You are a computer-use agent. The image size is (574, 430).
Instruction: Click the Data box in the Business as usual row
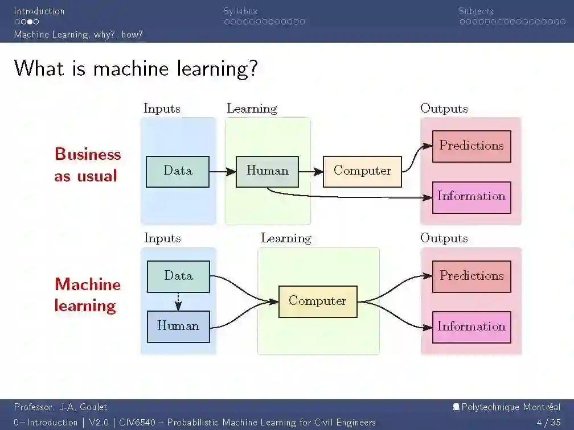pyautogui.click(x=178, y=171)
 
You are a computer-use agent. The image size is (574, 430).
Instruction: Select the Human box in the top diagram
pyautogui.click(x=267, y=171)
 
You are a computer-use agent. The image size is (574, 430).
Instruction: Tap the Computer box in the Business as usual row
pyautogui.click(x=362, y=171)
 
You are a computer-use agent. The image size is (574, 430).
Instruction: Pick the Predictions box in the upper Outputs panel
pyautogui.click(x=471, y=146)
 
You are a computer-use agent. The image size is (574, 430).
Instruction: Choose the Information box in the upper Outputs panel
pyautogui.click(x=471, y=197)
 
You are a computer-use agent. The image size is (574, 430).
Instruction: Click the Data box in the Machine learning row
pyautogui.click(x=178, y=276)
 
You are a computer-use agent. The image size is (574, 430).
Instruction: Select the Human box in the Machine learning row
pyautogui.click(x=178, y=326)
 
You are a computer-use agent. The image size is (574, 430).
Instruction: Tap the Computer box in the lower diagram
pyautogui.click(x=317, y=301)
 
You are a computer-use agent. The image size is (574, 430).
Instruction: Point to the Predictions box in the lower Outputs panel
pyautogui.click(x=471, y=276)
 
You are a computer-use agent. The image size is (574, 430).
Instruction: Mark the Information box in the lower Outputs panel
pyautogui.click(x=471, y=326)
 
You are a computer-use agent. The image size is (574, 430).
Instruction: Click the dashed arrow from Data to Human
pyautogui.click(x=178, y=301)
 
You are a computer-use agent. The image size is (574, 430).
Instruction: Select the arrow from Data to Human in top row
pyautogui.click(x=223, y=171)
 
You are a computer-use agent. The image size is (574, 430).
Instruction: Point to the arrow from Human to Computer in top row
pyautogui.click(x=311, y=171)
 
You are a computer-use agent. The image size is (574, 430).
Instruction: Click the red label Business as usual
pyautogui.click(x=88, y=165)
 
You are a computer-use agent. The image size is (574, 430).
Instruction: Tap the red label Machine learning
pyautogui.click(x=88, y=295)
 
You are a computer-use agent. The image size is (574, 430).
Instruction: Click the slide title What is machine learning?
pyautogui.click(x=136, y=69)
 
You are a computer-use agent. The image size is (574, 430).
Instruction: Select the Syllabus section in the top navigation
pyautogui.click(x=240, y=11)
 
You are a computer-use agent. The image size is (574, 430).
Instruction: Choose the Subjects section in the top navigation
pyautogui.click(x=476, y=11)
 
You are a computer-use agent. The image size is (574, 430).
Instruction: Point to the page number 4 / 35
pyautogui.click(x=548, y=422)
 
